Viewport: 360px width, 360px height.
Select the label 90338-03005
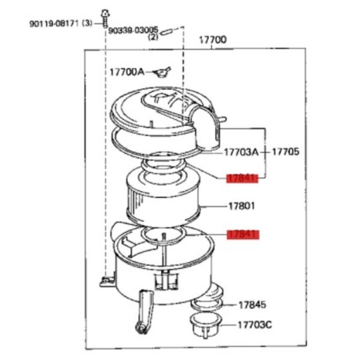(x=133, y=30)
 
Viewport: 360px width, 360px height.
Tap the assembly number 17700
(x=212, y=40)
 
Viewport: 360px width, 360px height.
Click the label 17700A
(x=127, y=72)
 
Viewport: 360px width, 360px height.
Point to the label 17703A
(x=241, y=152)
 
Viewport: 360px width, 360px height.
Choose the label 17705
(x=286, y=152)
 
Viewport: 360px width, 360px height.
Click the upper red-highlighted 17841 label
(x=242, y=178)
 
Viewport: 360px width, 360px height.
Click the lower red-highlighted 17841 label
(x=243, y=235)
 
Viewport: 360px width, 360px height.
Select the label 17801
(x=242, y=206)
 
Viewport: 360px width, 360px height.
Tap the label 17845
(x=253, y=305)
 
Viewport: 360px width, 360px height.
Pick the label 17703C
(x=255, y=325)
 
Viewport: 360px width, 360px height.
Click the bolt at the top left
(x=105, y=19)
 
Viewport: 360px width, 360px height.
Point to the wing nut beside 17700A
(x=162, y=73)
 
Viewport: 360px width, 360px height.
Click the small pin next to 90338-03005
(x=166, y=31)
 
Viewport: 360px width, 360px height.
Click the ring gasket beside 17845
(x=207, y=305)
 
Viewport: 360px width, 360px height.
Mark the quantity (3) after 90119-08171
(x=87, y=23)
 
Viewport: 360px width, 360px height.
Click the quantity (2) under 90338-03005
(x=153, y=37)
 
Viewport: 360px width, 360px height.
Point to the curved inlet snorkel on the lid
(x=206, y=128)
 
